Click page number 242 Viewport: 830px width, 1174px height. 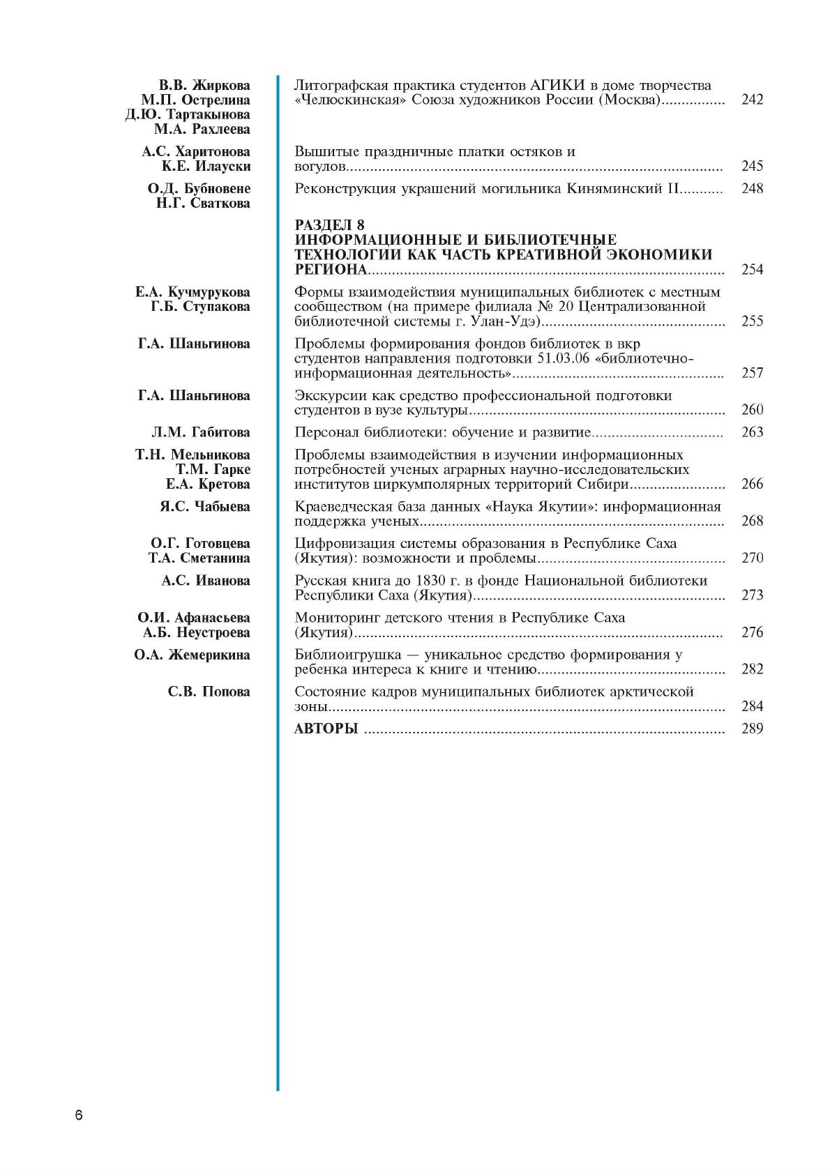[753, 100]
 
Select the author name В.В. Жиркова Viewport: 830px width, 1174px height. [204, 86]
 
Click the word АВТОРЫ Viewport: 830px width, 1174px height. [326, 729]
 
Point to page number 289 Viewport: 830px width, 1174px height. [753, 729]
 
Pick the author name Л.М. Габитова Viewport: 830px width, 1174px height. [200, 432]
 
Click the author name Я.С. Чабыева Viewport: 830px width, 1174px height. [204, 507]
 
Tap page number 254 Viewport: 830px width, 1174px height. [753, 270]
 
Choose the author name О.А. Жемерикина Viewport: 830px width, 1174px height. [192, 655]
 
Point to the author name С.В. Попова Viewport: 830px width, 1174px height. [209, 692]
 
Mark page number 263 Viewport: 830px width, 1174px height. [753, 432]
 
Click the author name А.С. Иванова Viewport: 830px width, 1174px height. [206, 581]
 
